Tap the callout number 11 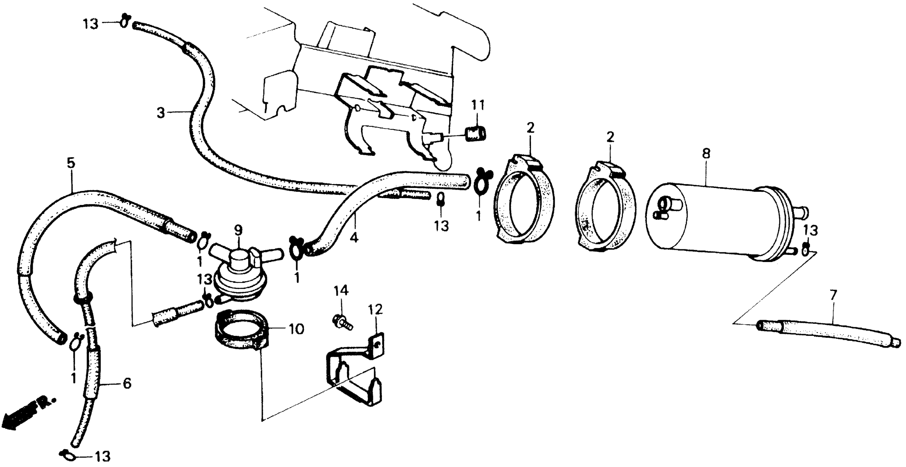pyautogui.click(x=478, y=105)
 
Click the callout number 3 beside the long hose pyautogui.click(x=161, y=113)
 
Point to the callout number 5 pyautogui.click(x=71, y=163)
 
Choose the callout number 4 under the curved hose pyautogui.click(x=354, y=238)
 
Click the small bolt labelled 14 pyautogui.click(x=342, y=322)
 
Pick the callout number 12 pyautogui.click(x=376, y=310)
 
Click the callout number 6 pyautogui.click(x=127, y=383)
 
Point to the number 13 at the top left pyautogui.click(x=91, y=25)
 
